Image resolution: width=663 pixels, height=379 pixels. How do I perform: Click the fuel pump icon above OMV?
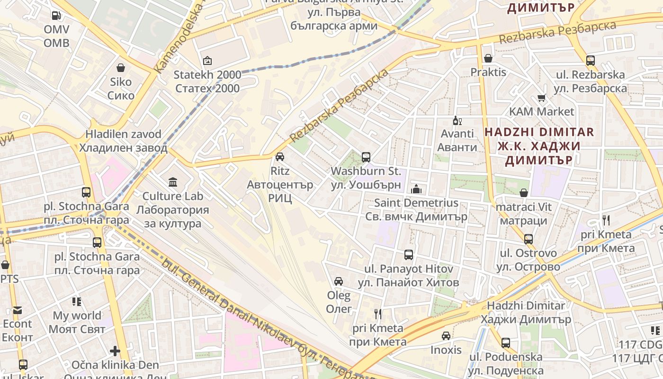point(56,16)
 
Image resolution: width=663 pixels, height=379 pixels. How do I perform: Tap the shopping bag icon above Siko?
point(121,68)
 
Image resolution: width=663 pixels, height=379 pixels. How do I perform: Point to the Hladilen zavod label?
point(123,141)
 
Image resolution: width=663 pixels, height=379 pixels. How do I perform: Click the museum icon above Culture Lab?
point(173,182)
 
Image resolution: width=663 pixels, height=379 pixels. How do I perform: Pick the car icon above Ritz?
point(280,156)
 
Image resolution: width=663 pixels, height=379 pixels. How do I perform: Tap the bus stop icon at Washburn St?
point(366,157)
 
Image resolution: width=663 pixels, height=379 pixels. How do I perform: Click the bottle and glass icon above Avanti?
point(457,120)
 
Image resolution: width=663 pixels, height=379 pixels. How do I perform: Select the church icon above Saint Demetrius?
point(416,189)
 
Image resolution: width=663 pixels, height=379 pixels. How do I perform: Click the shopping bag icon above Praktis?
point(488,58)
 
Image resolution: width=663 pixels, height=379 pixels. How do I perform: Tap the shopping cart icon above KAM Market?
point(542,98)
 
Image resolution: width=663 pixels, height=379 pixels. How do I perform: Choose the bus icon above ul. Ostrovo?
point(529,239)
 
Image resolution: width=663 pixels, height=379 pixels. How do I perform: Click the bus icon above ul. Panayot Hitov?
point(409,255)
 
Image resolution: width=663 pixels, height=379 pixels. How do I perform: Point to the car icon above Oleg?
point(339,281)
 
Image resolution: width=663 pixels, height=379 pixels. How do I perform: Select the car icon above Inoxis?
point(446,336)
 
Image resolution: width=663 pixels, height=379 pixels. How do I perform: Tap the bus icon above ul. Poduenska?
point(506,343)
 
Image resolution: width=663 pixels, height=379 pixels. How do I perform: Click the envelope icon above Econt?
point(18,310)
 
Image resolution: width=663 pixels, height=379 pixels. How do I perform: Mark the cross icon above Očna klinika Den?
point(115,351)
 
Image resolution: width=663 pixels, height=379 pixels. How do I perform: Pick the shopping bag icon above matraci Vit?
point(524,193)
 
